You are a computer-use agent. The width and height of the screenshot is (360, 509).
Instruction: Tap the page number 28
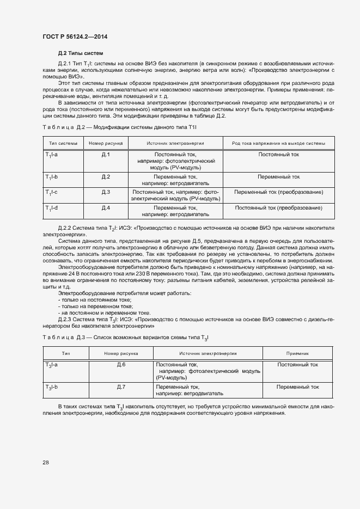point(45,462)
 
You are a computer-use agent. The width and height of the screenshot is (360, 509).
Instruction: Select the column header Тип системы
point(63,143)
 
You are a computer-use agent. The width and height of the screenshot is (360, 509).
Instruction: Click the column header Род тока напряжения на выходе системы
point(278,143)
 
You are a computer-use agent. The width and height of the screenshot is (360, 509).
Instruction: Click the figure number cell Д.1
point(106,155)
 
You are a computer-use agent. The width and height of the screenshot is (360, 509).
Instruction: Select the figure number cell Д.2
point(106,177)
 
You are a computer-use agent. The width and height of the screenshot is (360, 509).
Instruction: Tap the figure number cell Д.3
point(106,192)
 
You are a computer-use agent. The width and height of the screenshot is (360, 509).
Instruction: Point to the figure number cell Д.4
point(106,208)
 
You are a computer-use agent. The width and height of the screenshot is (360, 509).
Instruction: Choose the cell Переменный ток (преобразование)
point(278,192)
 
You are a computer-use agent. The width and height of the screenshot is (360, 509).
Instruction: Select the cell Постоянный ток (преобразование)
point(278,208)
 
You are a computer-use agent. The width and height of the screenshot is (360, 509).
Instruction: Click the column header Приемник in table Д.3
point(297,353)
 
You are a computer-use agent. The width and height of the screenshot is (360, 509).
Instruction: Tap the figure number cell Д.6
point(121,365)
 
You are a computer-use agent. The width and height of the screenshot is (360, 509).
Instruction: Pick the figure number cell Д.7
point(121,387)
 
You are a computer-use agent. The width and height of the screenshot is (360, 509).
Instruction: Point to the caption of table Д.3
point(125,338)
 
